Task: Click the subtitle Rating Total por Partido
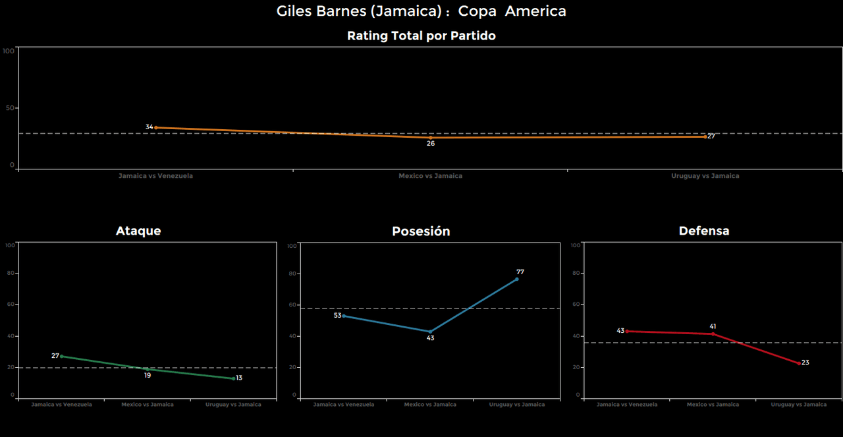tap(421, 36)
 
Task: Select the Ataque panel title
tap(138, 231)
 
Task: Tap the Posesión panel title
tap(421, 231)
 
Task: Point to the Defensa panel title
tap(704, 231)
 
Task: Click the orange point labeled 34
tap(155, 127)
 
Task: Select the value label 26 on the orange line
tap(430, 143)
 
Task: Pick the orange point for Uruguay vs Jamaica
tap(705, 136)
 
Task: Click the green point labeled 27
tap(61, 356)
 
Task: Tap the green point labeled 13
tap(233, 378)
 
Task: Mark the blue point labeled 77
tap(517, 279)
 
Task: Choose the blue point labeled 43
tap(430, 332)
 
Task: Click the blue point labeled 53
tap(344, 316)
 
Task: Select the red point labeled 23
tap(800, 363)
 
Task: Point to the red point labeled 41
tap(713, 334)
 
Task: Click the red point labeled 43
tap(626, 331)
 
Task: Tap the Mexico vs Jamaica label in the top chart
tap(430, 176)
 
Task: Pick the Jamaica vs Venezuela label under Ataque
tap(61, 404)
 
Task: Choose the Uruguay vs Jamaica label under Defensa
tap(799, 404)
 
